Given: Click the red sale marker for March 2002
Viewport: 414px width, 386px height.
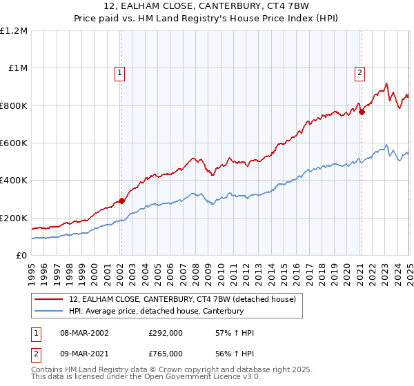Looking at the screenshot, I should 121,201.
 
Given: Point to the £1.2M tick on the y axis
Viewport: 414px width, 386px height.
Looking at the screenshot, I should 14,31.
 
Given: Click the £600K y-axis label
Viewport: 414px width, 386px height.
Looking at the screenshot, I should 14,143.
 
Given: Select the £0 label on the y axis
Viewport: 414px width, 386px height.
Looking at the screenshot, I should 21,256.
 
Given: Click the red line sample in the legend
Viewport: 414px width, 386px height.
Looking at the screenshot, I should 49,299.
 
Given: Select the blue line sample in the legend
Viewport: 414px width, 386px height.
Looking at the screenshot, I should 49,312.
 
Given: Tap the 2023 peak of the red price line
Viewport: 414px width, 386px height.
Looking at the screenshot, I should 386,83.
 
